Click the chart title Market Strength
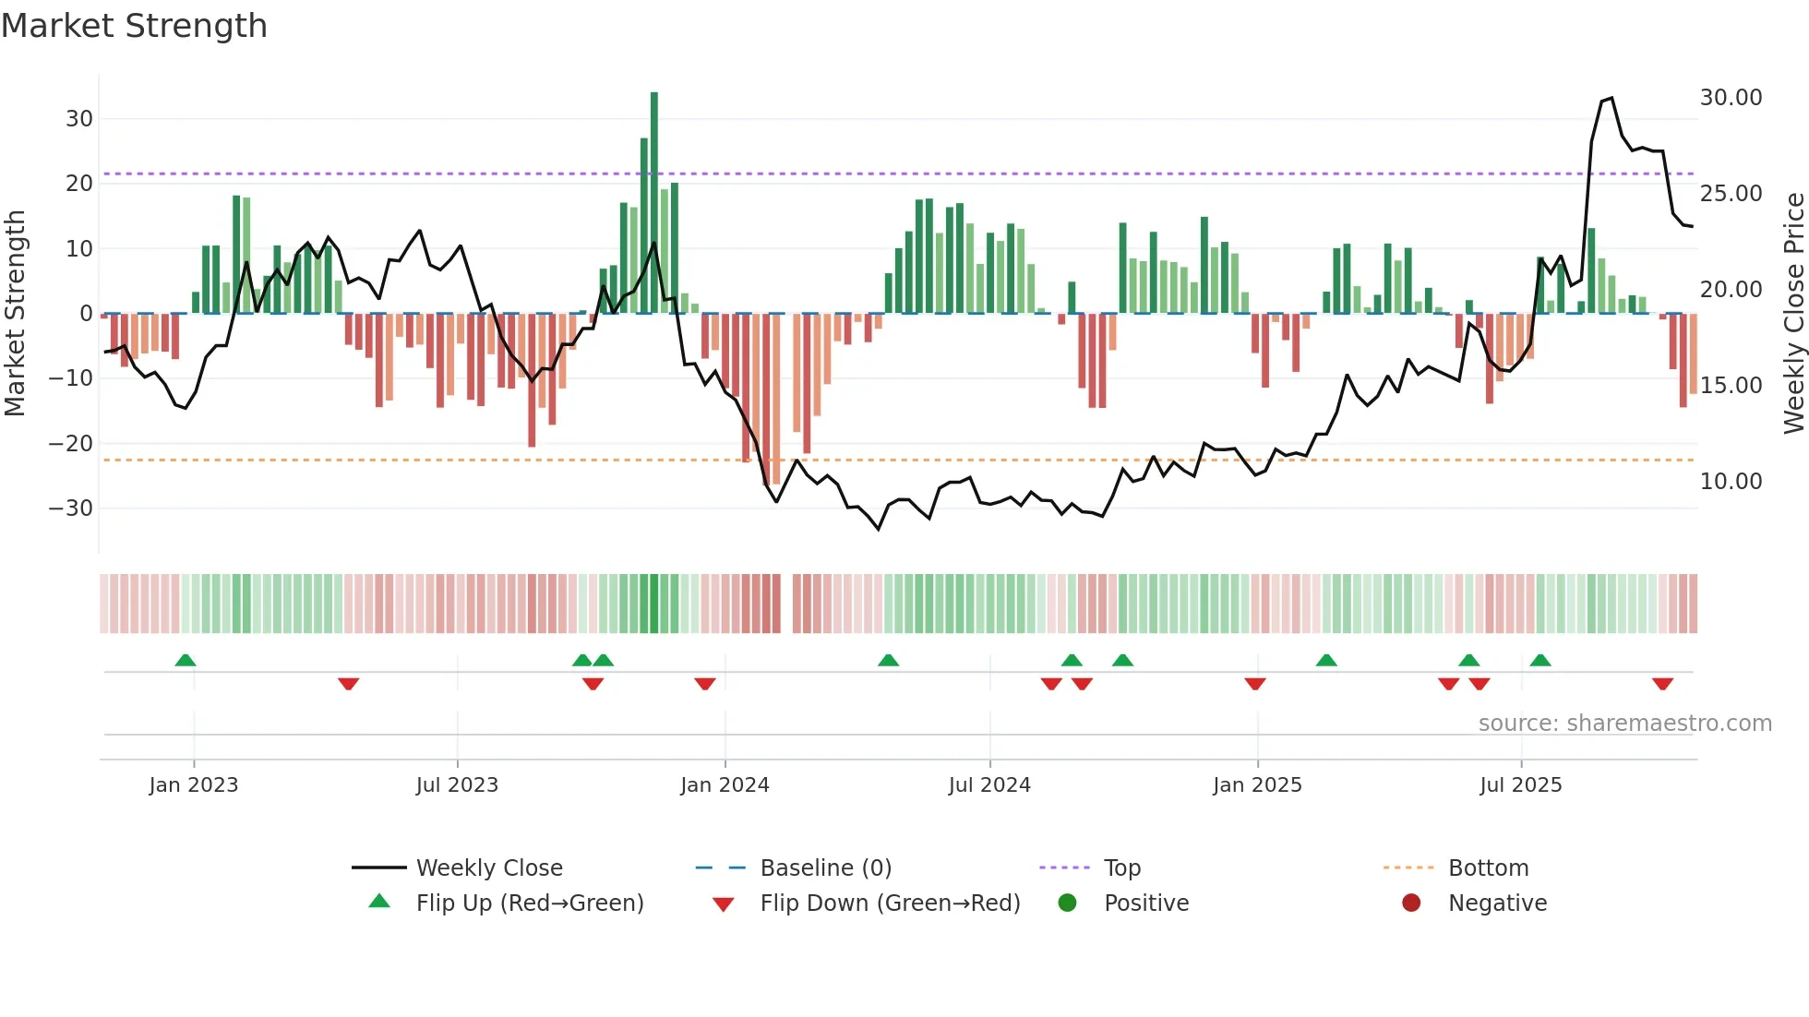(x=134, y=26)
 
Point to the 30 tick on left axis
(x=79, y=119)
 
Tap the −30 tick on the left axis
(x=71, y=508)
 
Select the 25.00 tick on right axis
(x=1731, y=194)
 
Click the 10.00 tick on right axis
(x=1731, y=482)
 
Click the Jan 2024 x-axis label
(x=725, y=785)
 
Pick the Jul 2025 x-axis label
(x=1520, y=785)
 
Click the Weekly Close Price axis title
(x=1793, y=314)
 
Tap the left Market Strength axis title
(x=16, y=314)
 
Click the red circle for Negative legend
(x=1411, y=903)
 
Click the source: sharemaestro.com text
(x=1624, y=724)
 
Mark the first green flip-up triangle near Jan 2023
(x=186, y=661)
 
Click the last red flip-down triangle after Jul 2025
(x=1662, y=684)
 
